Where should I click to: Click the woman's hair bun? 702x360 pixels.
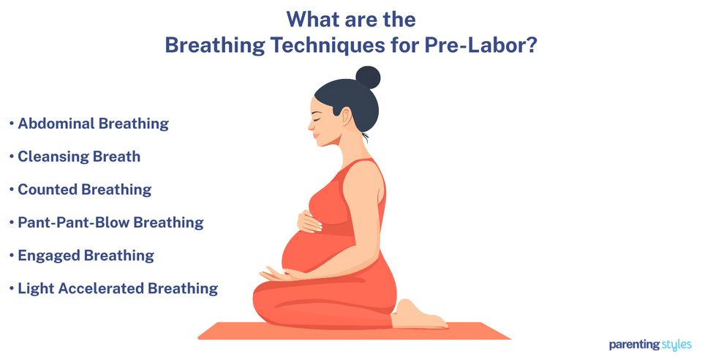coord(368,77)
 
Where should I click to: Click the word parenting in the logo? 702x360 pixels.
coord(633,344)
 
